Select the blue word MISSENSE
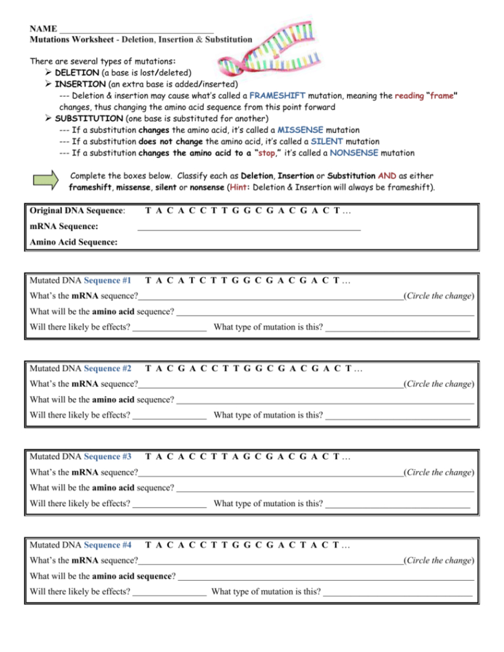(300, 130)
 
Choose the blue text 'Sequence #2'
(108, 368)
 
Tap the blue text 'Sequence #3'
(108, 456)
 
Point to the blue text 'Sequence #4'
(108, 544)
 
